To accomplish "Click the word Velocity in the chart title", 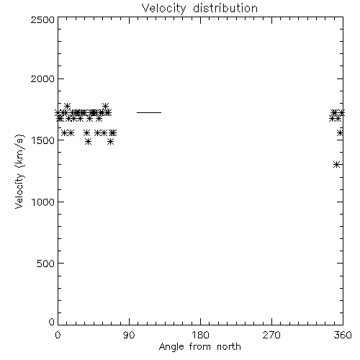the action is pyautogui.click(x=163, y=9).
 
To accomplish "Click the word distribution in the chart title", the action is pyautogui.click(x=225, y=8).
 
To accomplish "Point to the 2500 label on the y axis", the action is pyautogui.click(x=42, y=19).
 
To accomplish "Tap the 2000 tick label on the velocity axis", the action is pyautogui.click(x=42, y=78).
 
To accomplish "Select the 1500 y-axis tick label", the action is pyautogui.click(x=43, y=140).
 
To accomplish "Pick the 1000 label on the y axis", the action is pyautogui.click(x=43, y=202).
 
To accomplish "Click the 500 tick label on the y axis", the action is pyautogui.click(x=46, y=264).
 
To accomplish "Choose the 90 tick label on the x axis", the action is pyautogui.click(x=129, y=335).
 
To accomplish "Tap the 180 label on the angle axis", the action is pyautogui.click(x=200, y=335).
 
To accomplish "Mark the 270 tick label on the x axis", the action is pyautogui.click(x=271, y=335).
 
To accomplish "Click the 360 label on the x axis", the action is pyautogui.click(x=343, y=335).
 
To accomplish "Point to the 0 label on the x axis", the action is pyautogui.click(x=58, y=335).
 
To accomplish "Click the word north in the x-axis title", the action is pyautogui.click(x=229, y=347).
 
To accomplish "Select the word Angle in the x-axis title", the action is pyautogui.click(x=171, y=347).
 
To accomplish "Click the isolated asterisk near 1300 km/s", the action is pyautogui.click(x=336, y=164).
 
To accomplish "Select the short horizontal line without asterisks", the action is pyautogui.click(x=149, y=112).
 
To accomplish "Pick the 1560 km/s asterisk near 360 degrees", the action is pyautogui.click(x=340, y=132).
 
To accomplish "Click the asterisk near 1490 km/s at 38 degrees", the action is pyautogui.click(x=89, y=142).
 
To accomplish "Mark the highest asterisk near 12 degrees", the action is pyautogui.click(x=67, y=106).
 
